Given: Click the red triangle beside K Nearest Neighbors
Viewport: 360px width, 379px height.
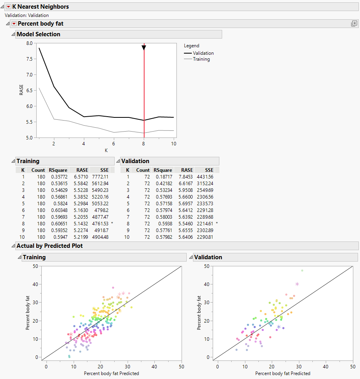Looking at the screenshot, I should pyautogui.click(x=8, y=7).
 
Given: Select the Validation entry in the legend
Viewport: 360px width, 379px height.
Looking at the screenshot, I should pyautogui.click(x=203, y=53).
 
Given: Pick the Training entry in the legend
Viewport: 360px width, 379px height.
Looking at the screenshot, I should pyautogui.click(x=201, y=59).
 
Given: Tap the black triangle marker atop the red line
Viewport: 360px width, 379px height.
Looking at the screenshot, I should pyautogui.click(x=144, y=48).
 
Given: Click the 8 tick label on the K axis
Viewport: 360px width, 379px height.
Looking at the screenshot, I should pyautogui.click(x=144, y=144).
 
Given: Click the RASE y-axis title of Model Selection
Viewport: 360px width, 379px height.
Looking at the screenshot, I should pyautogui.click(x=22, y=90).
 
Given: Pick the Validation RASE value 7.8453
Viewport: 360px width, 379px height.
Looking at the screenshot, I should pyautogui.click(x=184, y=177).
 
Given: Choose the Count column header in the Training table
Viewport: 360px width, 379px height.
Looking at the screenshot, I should pyautogui.click(x=38, y=170).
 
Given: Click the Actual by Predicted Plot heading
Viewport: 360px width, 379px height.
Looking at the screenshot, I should pyautogui.click(x=50, y=246).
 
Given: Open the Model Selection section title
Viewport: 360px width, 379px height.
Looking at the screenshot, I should pyautogui.click(x=38, y=34).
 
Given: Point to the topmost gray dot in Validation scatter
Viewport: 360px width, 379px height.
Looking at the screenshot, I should pyautogui.click(x=302, y=271).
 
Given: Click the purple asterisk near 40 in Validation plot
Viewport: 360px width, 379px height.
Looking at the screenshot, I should pyautogui.click(x=297, y=284).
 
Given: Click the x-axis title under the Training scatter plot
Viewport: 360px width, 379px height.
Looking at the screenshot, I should pyautogui.click(x=111, y=373).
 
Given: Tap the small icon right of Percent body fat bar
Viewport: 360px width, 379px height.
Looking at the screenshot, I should pyautogui.click(x=354, y=24).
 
